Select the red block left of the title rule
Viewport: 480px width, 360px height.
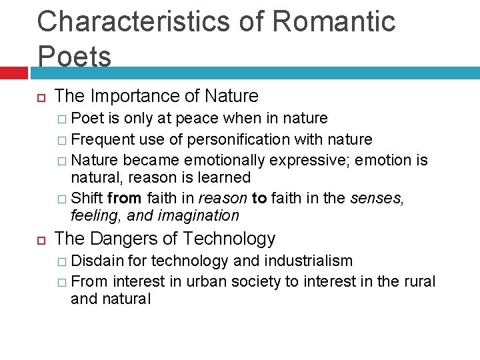click(13, 72)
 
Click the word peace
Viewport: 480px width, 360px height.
click(200, 119)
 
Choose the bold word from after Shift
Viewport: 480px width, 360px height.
click(124, 197)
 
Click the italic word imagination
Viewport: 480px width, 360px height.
click(199, 215)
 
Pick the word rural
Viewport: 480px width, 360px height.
click(420, 281)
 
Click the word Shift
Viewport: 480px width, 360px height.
click(87, 197)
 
